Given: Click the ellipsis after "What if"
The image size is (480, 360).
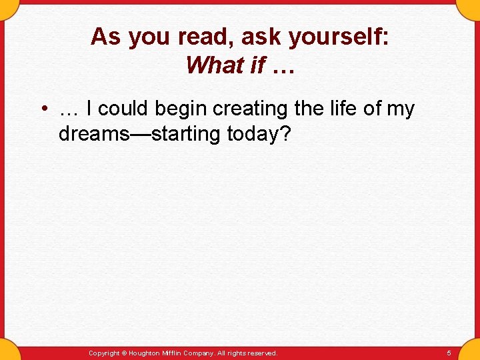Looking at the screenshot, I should click(283, 65).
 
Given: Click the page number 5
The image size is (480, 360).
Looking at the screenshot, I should click(449, 353).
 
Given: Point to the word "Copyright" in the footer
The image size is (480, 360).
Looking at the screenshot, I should click(104, 353).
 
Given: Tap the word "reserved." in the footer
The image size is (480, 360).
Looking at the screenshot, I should click(263, 353).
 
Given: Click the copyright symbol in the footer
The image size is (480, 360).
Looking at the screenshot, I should click(125, 353).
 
